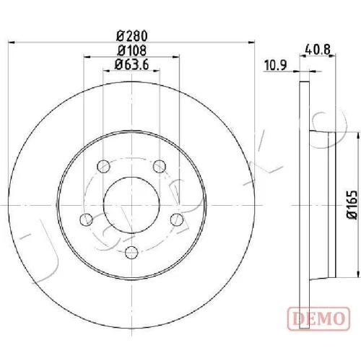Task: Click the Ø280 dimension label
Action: pyautogui.click(x=131, y=36)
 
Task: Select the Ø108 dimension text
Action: pyautogui.click(x=132, y=51)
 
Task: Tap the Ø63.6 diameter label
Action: pyautogui.click(x=131, y=64)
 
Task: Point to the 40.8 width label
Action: pyautogui.click(x=318, y=50)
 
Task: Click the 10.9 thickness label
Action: pyautogui.click(x=276, y=65)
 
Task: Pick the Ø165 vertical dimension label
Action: pyautogui.click(x=352, y=205)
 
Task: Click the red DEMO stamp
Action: pyautogui.click(x=318, y=318)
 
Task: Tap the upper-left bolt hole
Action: pyautogui.click(x=103, y=166)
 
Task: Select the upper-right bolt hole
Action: pyautogui.click(x=160, y=166)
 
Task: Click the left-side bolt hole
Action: pyautogui.click(x=86, y=219)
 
